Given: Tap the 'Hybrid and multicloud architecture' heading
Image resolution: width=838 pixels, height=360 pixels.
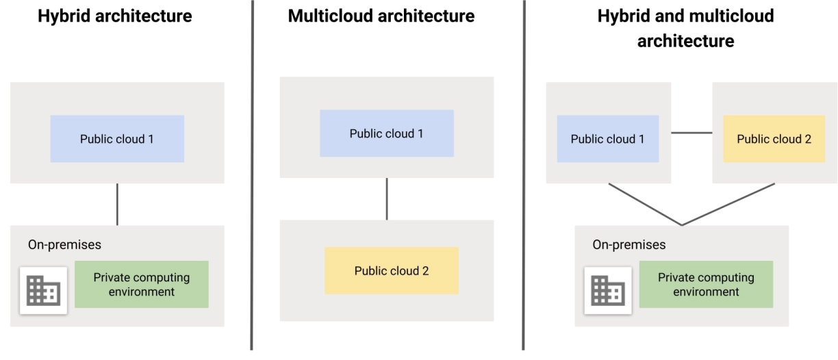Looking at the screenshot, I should [686, 28].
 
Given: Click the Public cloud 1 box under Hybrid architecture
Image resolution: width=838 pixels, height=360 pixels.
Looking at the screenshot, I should [117, 139].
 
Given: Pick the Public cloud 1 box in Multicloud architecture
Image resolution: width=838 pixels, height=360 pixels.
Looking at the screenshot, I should [386, 133].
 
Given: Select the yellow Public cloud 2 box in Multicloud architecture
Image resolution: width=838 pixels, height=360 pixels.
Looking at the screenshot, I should [391, 270].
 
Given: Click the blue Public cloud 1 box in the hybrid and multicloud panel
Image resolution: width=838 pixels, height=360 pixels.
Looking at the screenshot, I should [608, 139].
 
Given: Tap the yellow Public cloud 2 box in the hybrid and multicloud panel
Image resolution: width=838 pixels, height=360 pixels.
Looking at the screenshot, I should [774, 139].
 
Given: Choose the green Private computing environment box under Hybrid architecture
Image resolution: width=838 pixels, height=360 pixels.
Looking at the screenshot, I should [142, 285].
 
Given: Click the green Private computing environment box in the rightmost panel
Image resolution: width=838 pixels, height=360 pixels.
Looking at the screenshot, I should [706, 285].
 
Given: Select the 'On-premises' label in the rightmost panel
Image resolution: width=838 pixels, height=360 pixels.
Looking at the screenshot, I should [628, 244].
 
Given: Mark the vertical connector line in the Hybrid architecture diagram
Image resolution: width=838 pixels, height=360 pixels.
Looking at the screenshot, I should [117, 204].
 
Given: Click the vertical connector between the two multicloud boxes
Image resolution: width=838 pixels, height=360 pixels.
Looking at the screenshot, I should [387, 198].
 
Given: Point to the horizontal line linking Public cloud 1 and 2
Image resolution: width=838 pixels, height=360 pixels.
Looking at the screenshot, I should [691, 132].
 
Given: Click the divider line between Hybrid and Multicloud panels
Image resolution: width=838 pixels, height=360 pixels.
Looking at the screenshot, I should [252, 178].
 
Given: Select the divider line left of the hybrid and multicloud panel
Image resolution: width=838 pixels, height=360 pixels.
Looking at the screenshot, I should [524, 178].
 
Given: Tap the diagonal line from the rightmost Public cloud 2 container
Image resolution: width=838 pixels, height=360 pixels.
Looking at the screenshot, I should [729, 204].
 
